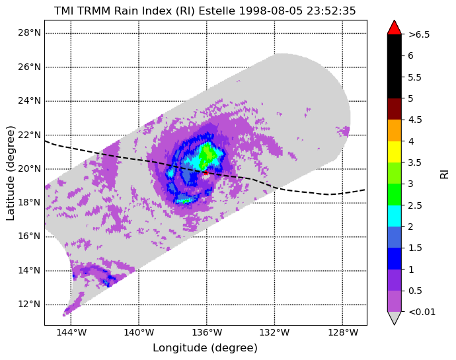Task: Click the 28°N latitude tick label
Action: coord(29,33)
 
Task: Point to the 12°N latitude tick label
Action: coord(29,305)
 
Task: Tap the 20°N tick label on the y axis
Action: coord(29,168)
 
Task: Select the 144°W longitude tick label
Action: coord(71,332)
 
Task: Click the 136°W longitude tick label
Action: coord(207,332)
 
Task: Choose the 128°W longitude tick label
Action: coord(342,332)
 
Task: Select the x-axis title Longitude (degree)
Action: coord(205,348)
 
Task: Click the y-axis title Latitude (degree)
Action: coord(11,173)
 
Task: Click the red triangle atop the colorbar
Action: coord(395,28)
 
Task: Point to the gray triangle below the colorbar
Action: coord(395,318)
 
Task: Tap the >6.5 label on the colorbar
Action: coord(419,34)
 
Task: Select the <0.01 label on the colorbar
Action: coord(422,312)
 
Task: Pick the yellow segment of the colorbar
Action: coord(395,152)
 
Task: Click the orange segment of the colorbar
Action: coord(395,131)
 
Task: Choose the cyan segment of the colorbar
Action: coord(395,216)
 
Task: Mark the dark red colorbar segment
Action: coord(395,109)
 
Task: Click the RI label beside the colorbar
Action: coord(445,174)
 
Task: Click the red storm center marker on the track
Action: coord(206,172)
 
